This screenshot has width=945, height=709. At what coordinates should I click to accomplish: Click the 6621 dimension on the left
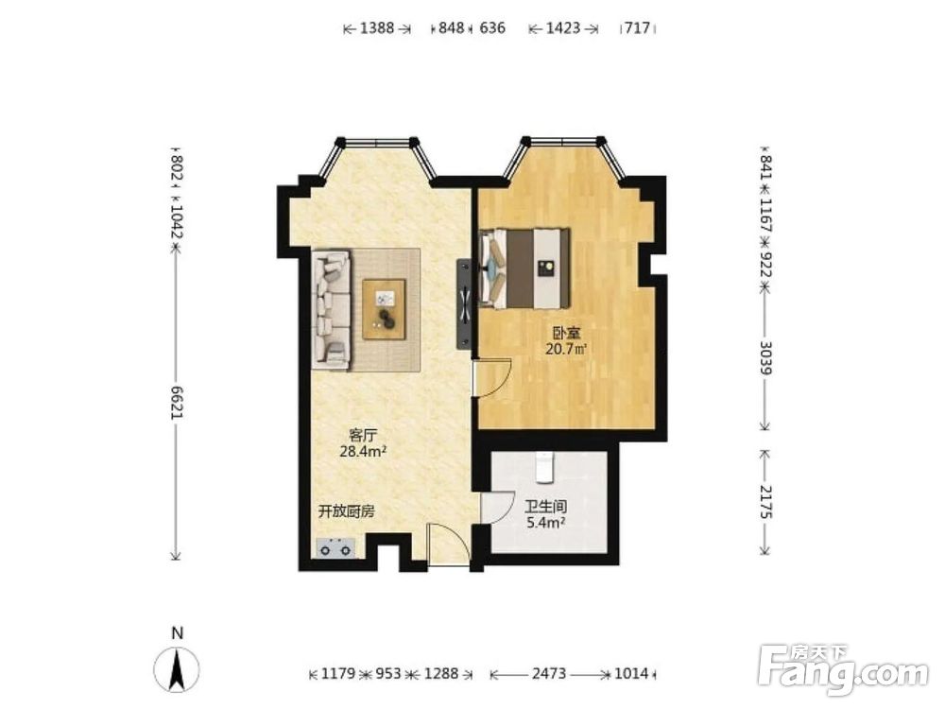tap(176, 402)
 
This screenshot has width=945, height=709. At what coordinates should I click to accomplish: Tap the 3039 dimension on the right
tap(765, 357)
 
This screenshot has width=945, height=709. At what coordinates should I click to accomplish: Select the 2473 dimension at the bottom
tap(549, 673)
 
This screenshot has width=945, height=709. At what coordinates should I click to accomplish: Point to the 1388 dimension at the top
tap(377, 27)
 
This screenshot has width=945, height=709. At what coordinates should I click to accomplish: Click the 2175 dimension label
tap(765, 502)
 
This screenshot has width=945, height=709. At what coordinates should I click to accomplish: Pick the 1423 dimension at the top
tap(563, 27)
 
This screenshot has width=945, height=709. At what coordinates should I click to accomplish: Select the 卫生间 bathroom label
tap(545, 508)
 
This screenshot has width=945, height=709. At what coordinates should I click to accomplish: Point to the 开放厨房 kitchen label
tap(347, 511)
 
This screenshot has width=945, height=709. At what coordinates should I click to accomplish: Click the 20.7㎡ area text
tap(566, 349)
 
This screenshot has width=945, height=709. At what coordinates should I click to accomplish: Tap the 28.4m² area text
tap(363, 451)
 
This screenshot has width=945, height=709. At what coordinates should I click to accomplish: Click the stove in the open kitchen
tap(335, 547)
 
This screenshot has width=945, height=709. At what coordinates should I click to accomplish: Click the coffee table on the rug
tap(384, 309)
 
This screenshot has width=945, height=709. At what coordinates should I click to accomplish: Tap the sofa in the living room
tap(331, 310)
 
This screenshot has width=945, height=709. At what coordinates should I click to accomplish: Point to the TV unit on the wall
tap(464, 303)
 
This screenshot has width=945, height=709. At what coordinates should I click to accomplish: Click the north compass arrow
tap(177, 668)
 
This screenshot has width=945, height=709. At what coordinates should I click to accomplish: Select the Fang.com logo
tap(843, 669)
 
